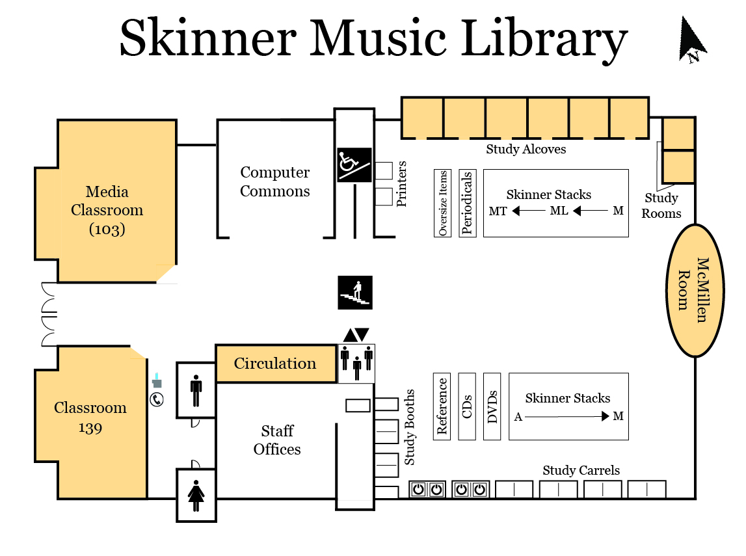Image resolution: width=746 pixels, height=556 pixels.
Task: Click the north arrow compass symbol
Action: tap(691, 40)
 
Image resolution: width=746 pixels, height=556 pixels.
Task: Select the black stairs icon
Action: tap(355, 292)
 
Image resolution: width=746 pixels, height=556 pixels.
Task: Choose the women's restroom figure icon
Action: tap(196, 495)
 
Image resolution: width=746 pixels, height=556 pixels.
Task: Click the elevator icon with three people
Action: tap(356, 363)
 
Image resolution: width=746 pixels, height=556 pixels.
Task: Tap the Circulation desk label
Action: tap(275, 364)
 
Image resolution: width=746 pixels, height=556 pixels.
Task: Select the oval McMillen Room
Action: tap(695, 290)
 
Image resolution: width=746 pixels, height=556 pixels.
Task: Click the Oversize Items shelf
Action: tap(443, 203)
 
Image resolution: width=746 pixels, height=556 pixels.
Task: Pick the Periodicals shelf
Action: tap(467, 203)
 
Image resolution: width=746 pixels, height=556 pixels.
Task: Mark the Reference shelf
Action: tap(442, 406)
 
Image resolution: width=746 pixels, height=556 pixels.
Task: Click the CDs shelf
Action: tap(467, 406)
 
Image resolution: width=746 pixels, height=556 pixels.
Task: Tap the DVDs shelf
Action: tap(492, 406)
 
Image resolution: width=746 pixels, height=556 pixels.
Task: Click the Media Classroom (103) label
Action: tap(107, 210)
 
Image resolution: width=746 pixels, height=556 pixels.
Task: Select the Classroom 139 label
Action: tap(90, 417)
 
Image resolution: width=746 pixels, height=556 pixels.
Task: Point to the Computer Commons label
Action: tap(275, 181)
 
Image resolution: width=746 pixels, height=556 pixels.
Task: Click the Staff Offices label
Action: tap(277, 440)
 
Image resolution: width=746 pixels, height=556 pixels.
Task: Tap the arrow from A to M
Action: tap(566, 416)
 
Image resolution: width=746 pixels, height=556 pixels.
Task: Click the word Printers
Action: tap(402, 184)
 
